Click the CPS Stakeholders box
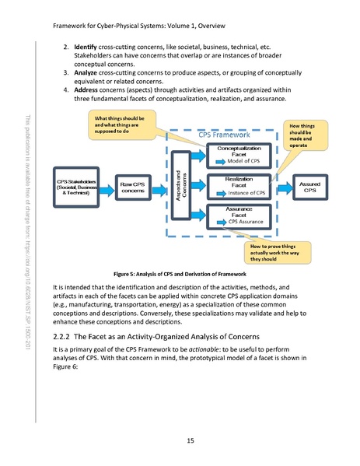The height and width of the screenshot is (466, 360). (78, 187)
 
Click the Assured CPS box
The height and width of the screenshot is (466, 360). (309, 187)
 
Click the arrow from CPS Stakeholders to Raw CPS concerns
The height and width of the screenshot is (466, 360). (109, 187)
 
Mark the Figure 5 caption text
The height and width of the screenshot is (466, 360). (180, 275)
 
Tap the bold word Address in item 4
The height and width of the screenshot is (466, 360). (89, 90)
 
